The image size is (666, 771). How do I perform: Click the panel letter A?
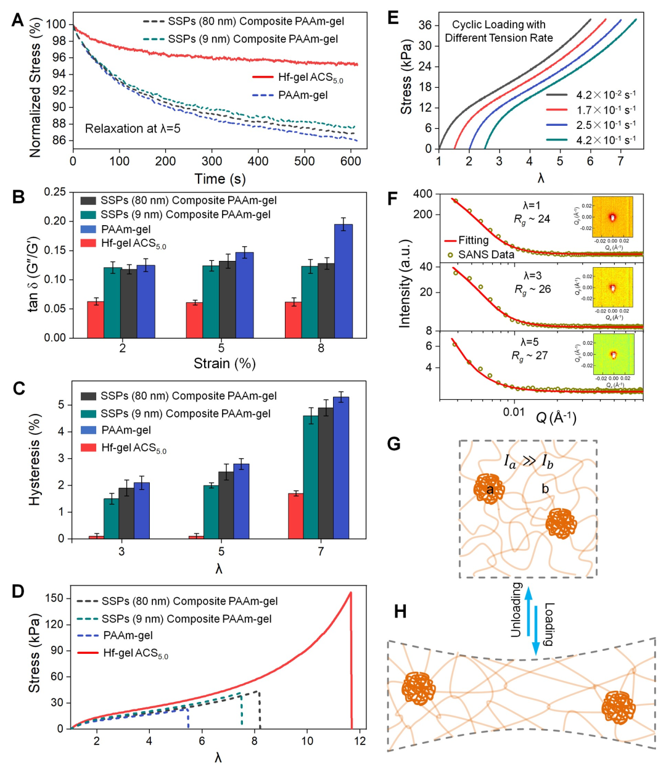point(18,20)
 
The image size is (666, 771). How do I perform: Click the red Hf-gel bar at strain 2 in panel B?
point(95,319)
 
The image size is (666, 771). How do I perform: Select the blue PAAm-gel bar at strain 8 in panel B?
point(343,281)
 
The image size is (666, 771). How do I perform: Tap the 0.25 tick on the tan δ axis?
point(55,192)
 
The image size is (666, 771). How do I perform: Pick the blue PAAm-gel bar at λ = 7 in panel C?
point(341,468)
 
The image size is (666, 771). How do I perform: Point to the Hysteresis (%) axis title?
point(35,460)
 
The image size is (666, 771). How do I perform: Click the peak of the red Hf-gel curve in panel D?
point(350,593)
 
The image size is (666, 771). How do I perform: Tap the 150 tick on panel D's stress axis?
point(55,598)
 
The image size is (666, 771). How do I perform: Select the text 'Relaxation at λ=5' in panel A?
point(133,128)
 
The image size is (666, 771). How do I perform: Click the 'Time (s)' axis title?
point(220,179)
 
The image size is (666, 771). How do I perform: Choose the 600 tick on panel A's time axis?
point(350,162)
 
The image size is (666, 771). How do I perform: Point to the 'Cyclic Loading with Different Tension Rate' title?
point(499,31)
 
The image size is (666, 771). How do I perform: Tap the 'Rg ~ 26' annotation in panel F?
point(532,289)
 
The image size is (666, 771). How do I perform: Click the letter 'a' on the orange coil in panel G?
point(490,490)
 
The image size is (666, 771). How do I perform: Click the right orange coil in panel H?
point(618,707)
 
